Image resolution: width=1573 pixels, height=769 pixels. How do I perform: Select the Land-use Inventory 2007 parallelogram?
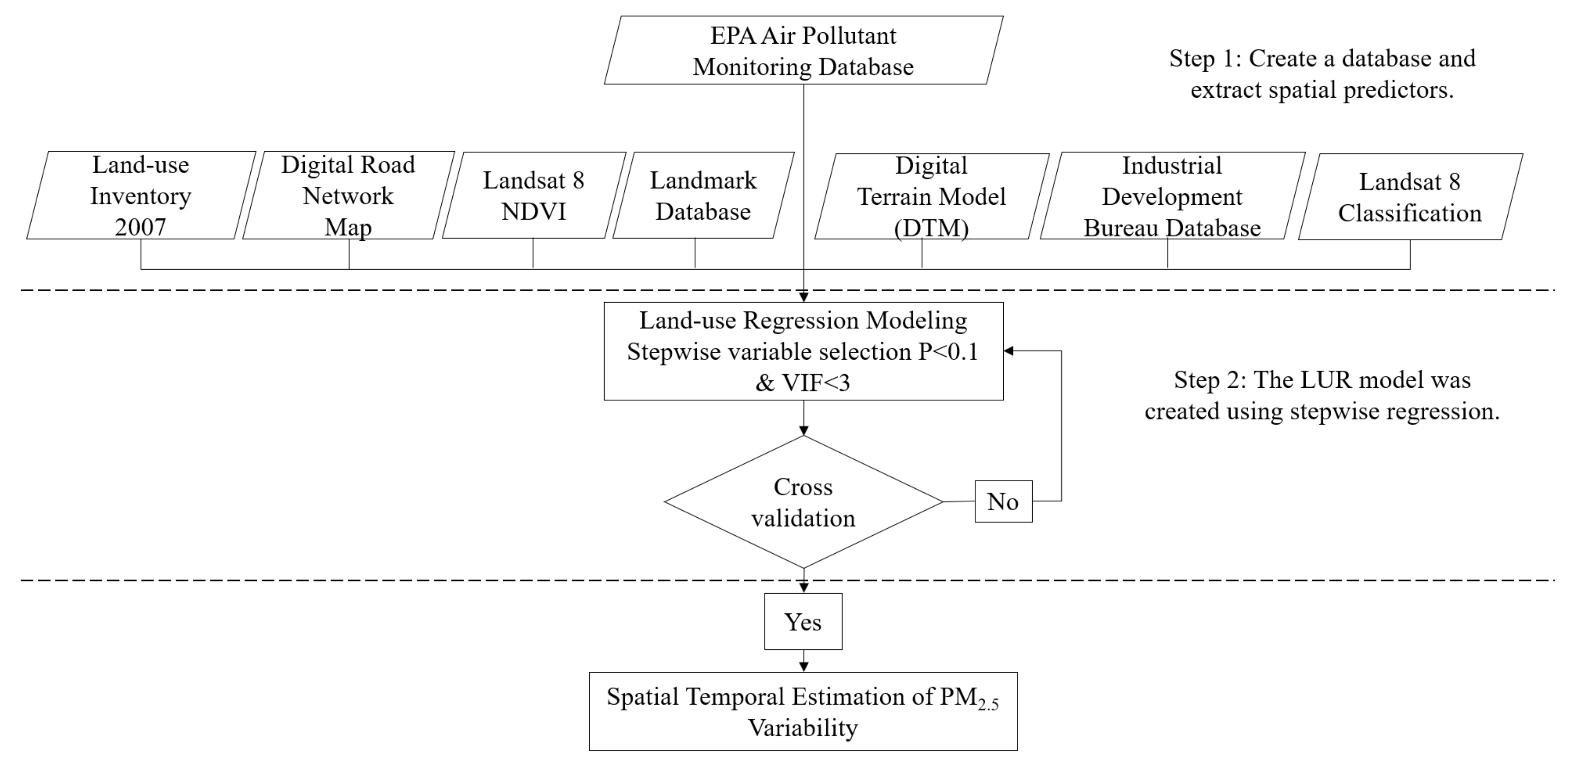click(141, 195)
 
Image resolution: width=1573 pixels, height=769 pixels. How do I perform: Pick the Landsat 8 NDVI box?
click(534, 195)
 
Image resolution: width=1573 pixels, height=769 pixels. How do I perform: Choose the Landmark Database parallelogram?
click(703, 195)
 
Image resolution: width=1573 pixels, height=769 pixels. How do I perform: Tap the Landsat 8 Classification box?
click(1410, 197)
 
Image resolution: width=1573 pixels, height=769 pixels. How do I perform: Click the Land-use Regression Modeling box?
click(803, 351)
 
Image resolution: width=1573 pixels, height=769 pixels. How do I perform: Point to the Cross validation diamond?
click(803, 502)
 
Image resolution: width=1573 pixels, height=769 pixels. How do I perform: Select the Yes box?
click(803, 621)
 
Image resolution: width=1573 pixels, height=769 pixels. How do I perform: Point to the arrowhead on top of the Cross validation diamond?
click(804, 430)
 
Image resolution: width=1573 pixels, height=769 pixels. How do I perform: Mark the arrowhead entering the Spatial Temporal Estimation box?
click(804, 667)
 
